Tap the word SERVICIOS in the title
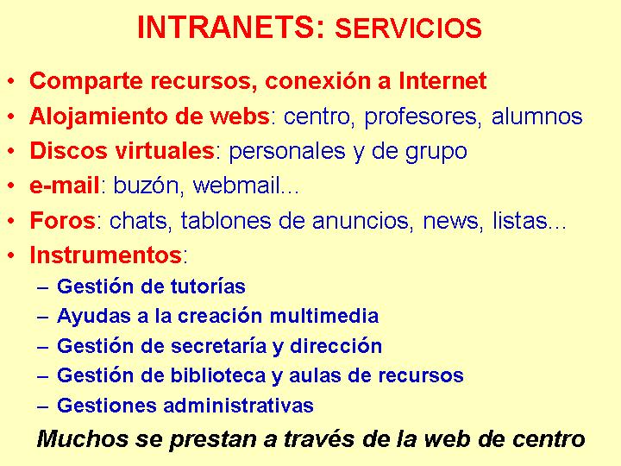408,28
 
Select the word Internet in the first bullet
442,80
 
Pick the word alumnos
536,116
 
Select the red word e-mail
64,185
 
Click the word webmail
236,185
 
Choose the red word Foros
62,220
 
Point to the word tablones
226,220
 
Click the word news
450,221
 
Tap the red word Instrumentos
106,255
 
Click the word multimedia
324,316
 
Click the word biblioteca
218,375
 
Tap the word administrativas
238,406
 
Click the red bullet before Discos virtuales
11,151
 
